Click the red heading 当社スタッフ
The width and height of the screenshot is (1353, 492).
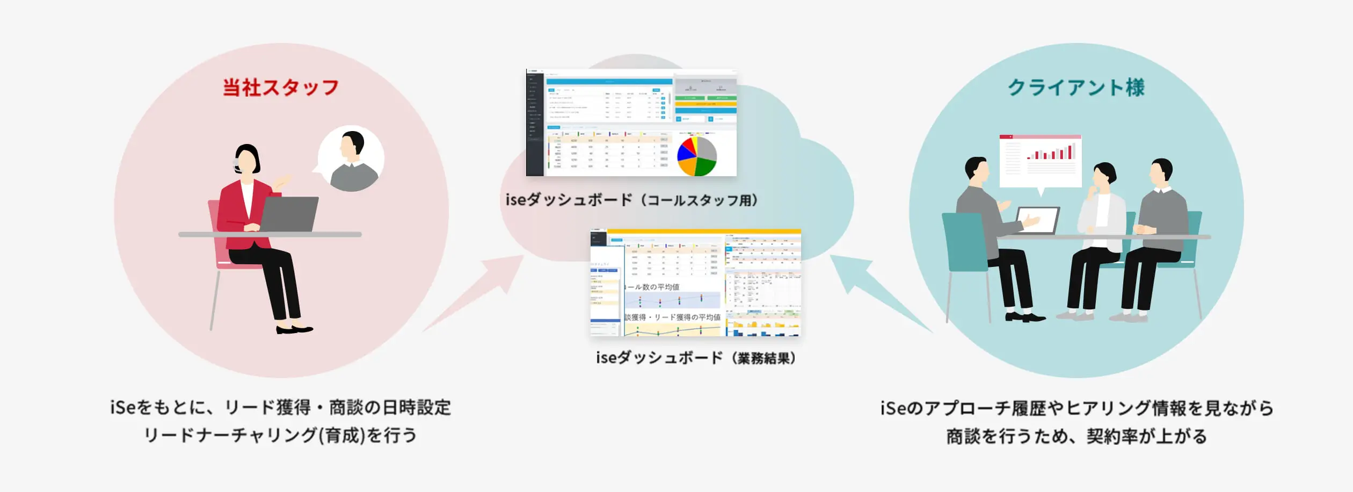coord(280,88)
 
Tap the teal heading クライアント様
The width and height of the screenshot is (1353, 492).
coord(1076,88)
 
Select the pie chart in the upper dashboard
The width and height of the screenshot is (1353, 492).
coord(697,156)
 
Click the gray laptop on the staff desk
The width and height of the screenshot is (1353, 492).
coord(289,214)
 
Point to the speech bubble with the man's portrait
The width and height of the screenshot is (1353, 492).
coord(352,158)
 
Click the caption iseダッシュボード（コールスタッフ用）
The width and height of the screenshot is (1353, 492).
coord(631,200)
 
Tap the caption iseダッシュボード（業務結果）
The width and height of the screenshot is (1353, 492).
coord(696,358)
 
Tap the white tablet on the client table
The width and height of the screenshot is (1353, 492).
coord(1037,220)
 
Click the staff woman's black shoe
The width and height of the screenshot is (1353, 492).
coord(293,329)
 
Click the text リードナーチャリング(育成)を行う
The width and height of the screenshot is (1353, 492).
coord(280,435)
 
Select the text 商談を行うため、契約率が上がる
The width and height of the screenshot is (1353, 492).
coord(1076,436)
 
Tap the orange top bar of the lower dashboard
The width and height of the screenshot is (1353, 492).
coord(703,231)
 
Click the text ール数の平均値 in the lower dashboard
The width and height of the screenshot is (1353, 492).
coord(652,287)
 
